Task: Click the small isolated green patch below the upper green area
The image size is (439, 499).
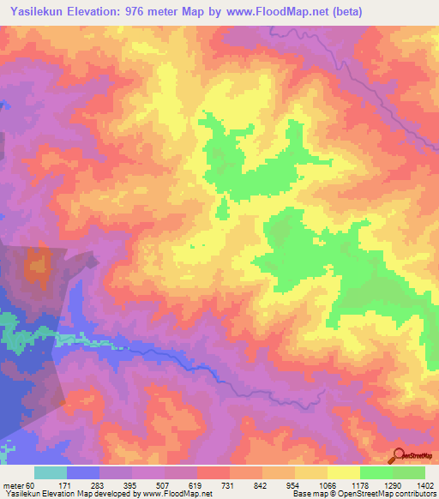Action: click(223, 208)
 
